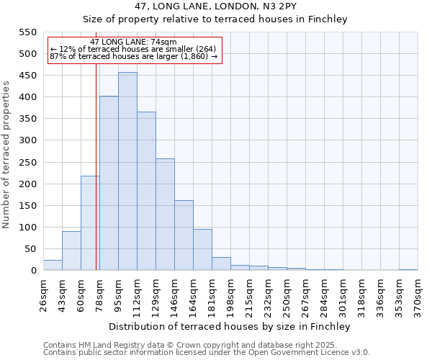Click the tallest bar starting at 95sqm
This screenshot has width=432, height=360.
(127, 171)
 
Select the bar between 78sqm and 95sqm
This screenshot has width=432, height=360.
(109, 183)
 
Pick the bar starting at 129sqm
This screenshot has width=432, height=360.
(165, 215)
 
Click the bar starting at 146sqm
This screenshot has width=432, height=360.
(184, 235)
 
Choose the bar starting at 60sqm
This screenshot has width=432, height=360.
(90, 223)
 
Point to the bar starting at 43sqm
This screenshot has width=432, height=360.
(71, 251)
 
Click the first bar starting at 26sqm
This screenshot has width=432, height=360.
(53, 265)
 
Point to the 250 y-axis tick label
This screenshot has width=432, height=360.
(27, 162)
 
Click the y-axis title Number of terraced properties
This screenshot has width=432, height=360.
(6, 155)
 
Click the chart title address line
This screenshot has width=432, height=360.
(215, 6)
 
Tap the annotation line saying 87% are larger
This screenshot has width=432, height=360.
(133, 57)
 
